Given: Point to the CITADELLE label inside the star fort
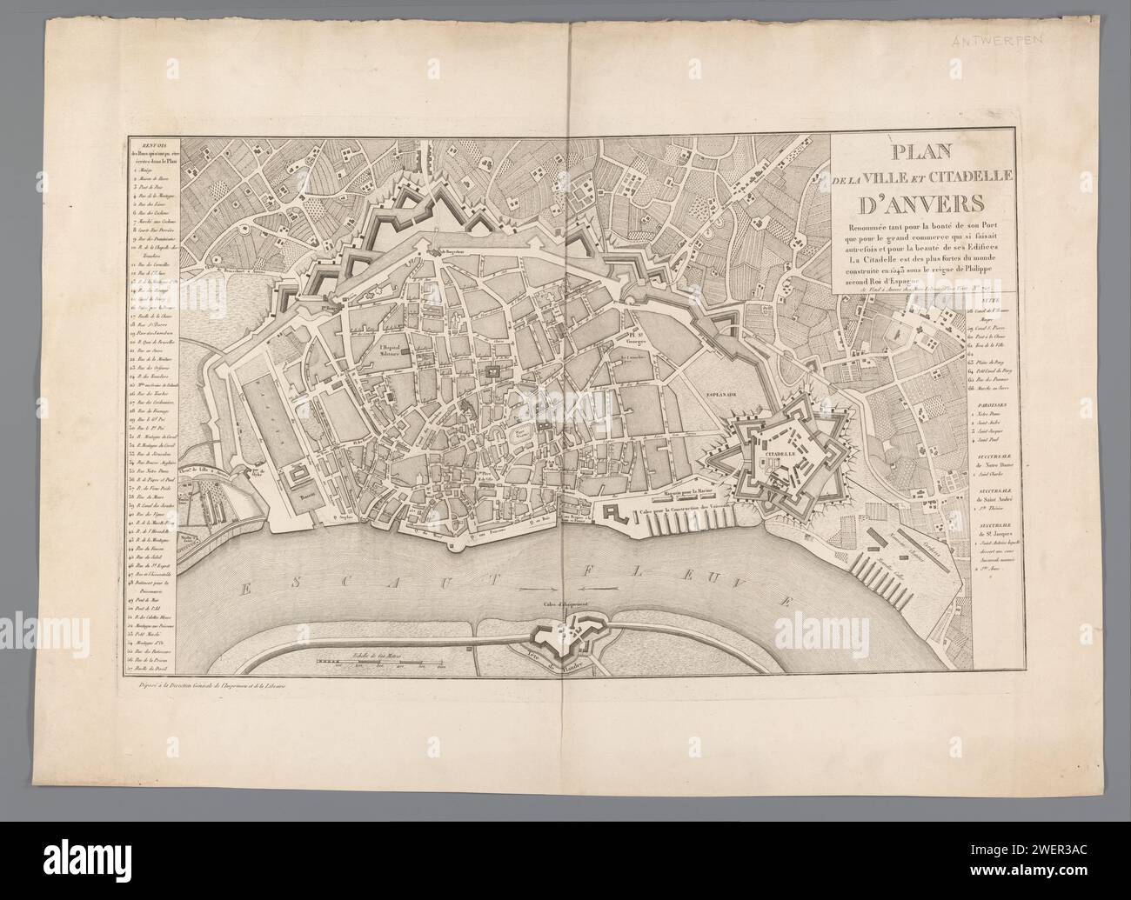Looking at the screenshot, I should (x=776, y=453).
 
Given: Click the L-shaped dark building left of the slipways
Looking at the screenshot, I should (x=610, y=510).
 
